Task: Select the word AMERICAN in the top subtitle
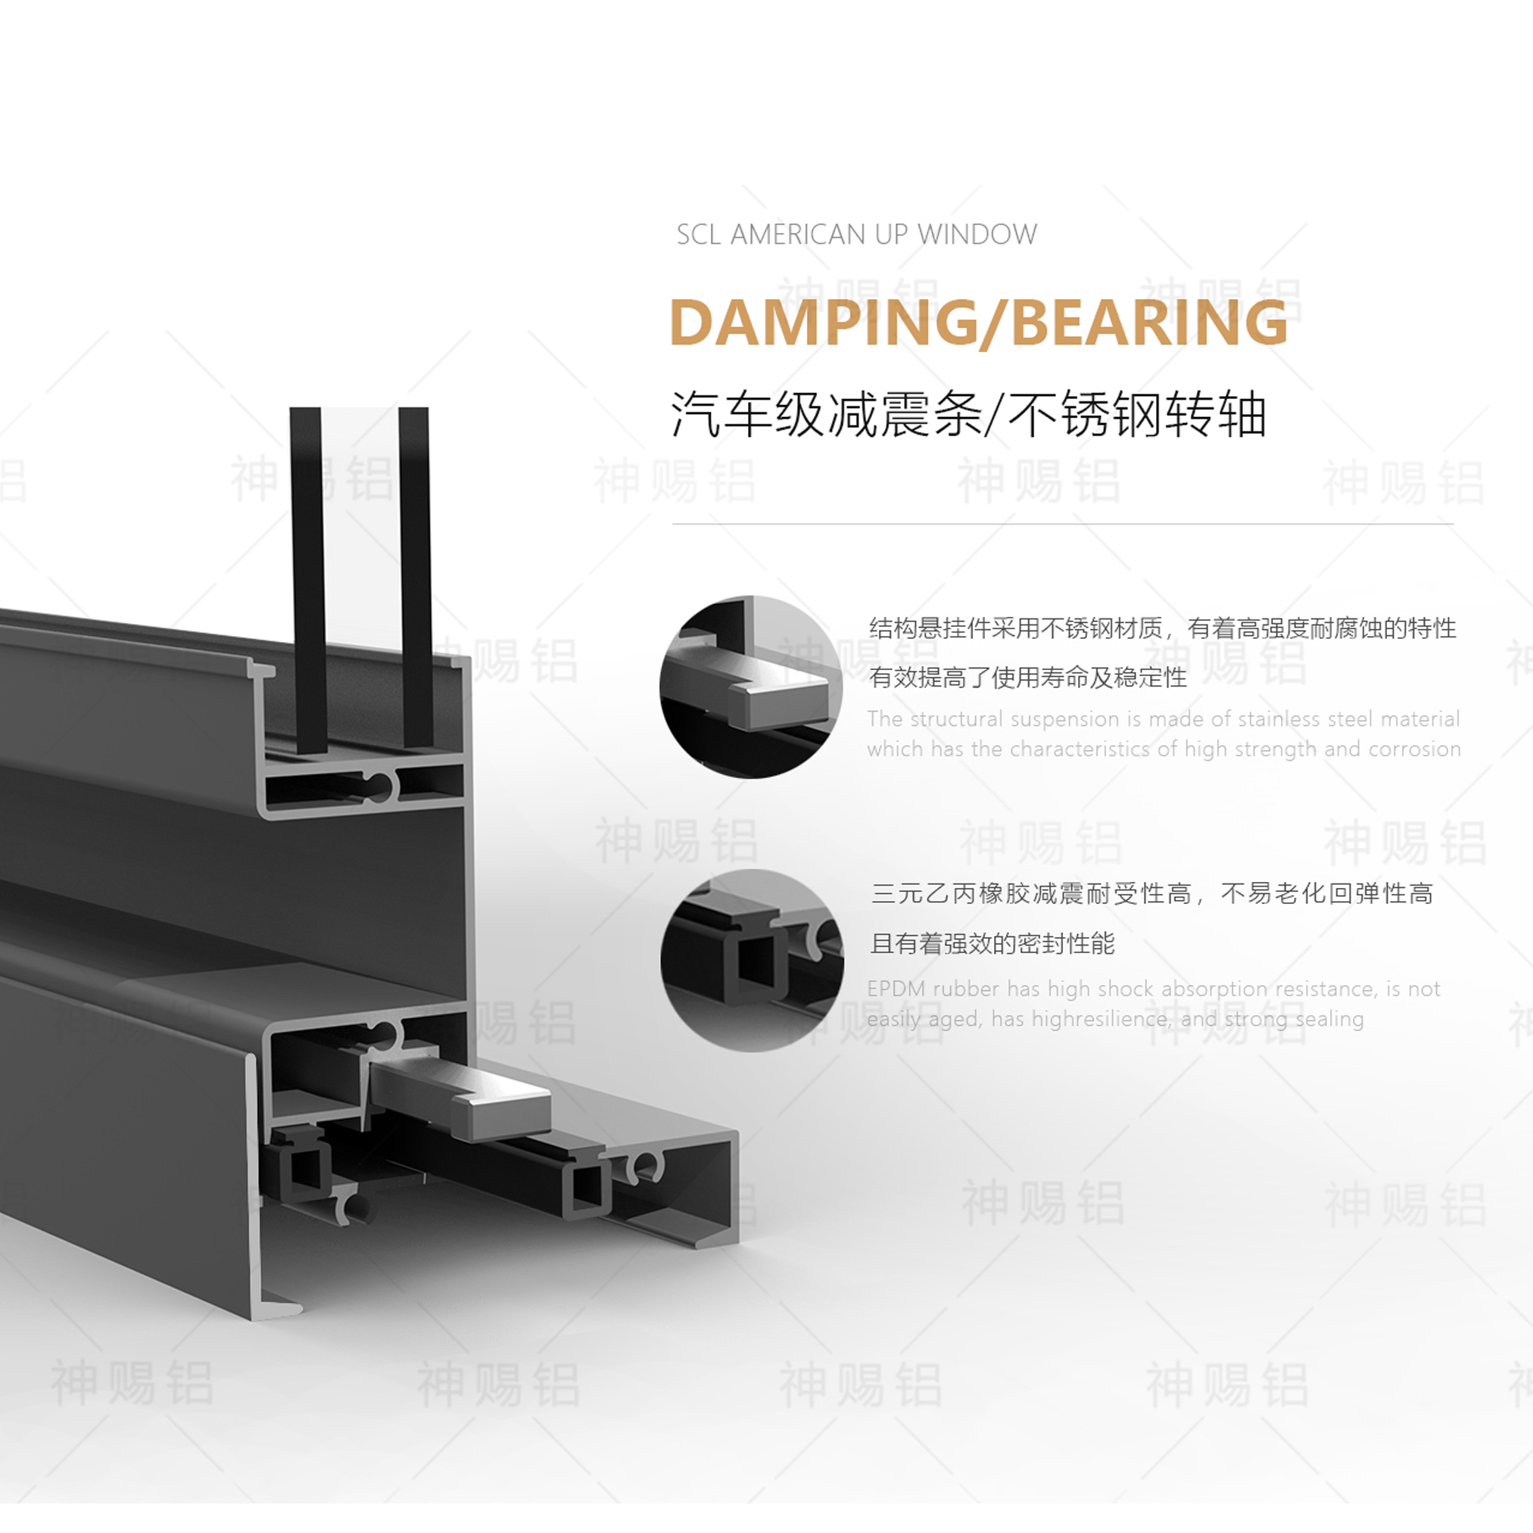(798, 235)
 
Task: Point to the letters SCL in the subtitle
(698, 235)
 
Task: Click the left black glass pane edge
(307, 579)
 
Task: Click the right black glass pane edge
(414, 579)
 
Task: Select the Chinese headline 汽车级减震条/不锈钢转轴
(968, 414)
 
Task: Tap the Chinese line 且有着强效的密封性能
(992, 943)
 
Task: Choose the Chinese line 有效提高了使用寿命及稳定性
(1027, 677)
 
